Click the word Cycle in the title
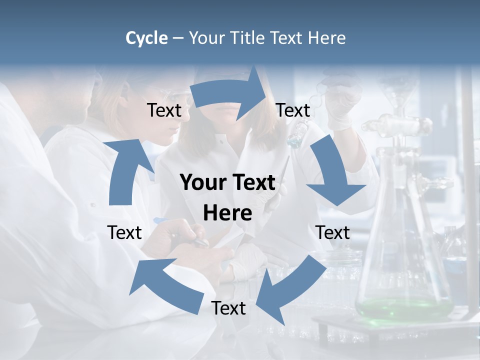(x=146, y=38)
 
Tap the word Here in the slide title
(x=327, y=38)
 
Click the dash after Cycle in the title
(x=178, y=38)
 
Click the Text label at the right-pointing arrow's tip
(x=293, y=110)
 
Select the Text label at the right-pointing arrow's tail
(x=164, y=110)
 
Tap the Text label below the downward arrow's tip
(x=332, y=232)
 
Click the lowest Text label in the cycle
(x=228, y=308)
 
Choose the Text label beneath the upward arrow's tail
(x=124, y=232)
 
